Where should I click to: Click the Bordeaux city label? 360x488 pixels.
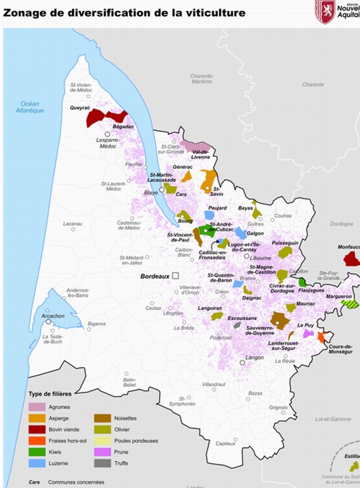click(x=154, y=277)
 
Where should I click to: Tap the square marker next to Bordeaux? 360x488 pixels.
click(x=174, y=276)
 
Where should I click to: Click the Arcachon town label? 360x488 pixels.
click(x=53, y=316)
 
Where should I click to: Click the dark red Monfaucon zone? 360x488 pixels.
click(x=352, y=258)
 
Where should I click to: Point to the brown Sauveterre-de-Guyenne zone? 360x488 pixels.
click(x=279, y=319)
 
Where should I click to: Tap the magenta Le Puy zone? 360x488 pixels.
click(x=308, y=333)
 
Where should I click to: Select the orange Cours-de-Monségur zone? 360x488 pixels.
click(x=321, y=337)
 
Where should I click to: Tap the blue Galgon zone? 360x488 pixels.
click(x=241, y=233)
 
